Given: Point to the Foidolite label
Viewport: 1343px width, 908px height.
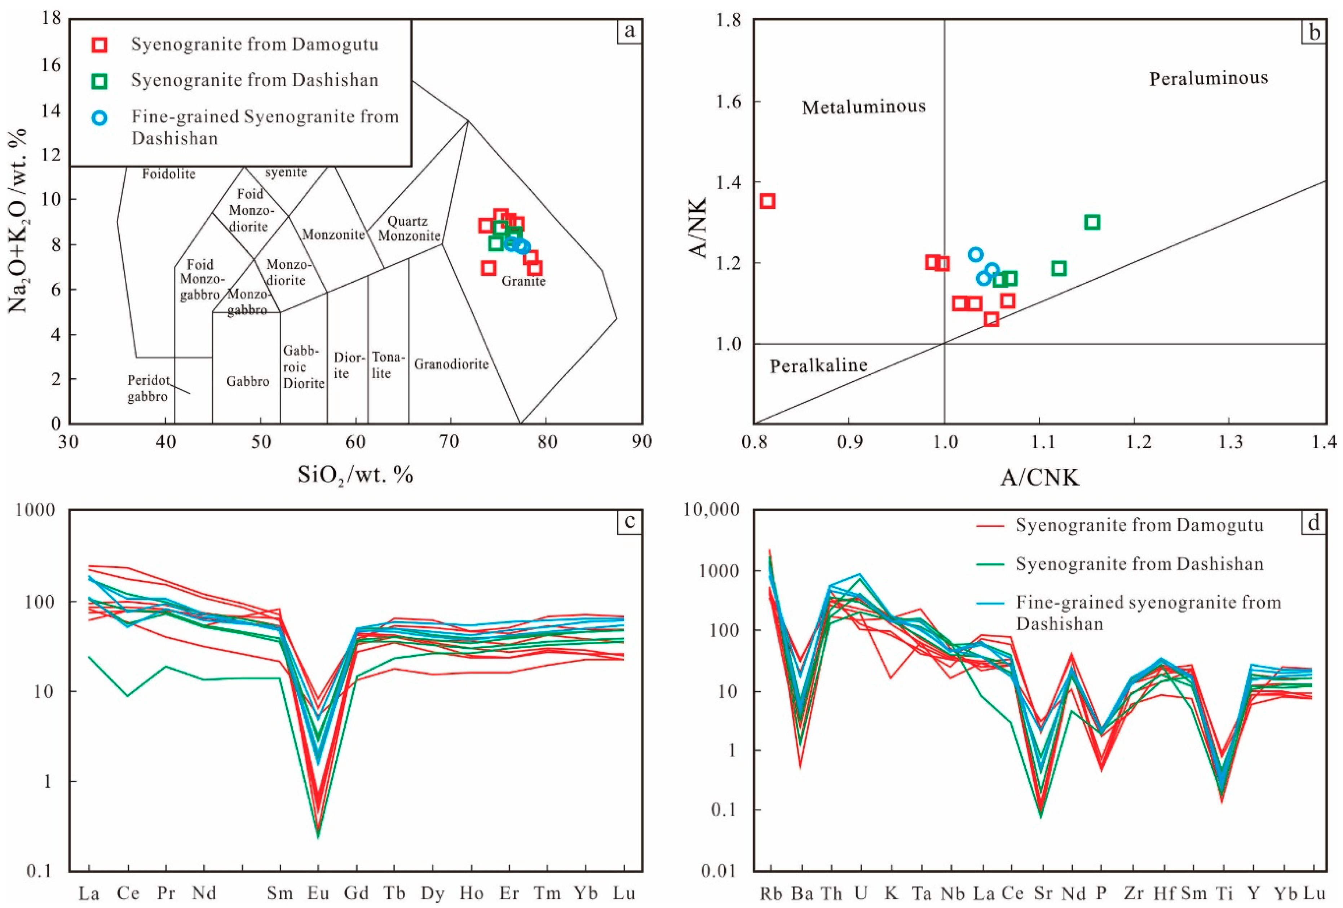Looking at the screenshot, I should (169, 173).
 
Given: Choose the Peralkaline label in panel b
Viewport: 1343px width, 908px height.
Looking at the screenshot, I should (818, 365).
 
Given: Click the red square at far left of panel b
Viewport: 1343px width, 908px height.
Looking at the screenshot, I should (767, 201).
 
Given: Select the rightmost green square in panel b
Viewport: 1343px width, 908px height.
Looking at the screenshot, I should (1092, 222).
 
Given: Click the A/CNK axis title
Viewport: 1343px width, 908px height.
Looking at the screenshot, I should (1040, 477).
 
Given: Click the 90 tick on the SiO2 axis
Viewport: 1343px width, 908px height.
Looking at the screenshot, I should (641, 442).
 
